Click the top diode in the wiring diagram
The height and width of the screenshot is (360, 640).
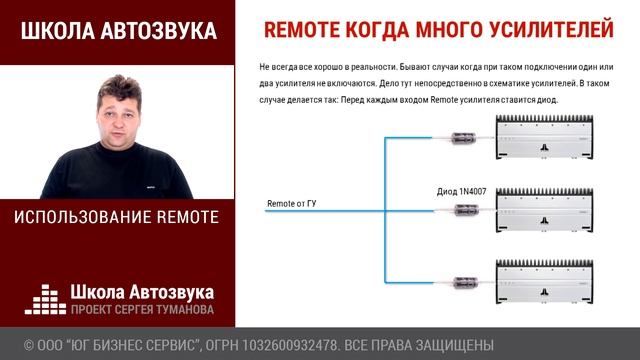click(x=462, y=139)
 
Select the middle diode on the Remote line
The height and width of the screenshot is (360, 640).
click(x=462, y=210)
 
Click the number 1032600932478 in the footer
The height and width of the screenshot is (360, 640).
click(x=285, y=346)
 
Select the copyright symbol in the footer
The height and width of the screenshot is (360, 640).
click(x=29, y=346)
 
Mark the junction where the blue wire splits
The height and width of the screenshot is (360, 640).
click(x=383, y=210)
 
